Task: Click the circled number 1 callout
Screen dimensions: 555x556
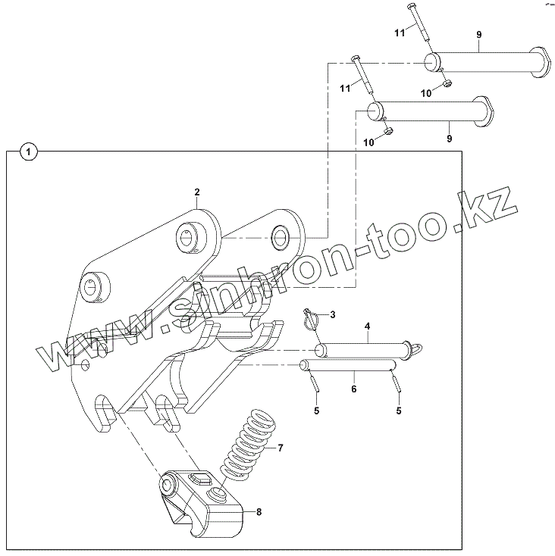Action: [28, 152]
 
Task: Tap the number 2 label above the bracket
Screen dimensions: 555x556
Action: [196, 192]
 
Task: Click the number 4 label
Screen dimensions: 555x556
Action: [367, 327]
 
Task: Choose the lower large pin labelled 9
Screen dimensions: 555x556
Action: [428, 111]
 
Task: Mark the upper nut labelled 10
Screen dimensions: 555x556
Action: [447, 81]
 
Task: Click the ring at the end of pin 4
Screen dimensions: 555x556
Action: [415, 348]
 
